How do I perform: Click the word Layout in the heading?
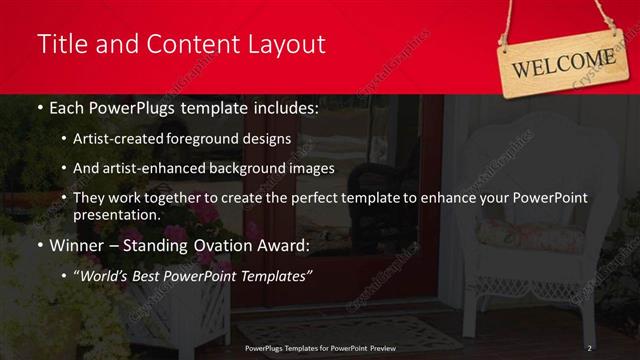[282, 44]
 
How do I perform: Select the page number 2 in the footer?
[590, 347]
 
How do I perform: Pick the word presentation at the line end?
[115, 214]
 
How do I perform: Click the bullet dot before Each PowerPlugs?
[39, 107]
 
